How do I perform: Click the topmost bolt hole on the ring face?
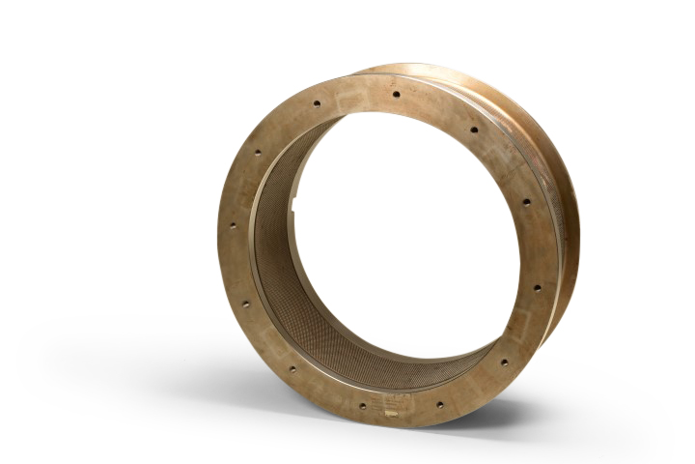[x=395, y=94]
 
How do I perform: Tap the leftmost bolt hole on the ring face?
[x=233, y=225]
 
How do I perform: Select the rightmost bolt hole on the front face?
[x=538, y=287]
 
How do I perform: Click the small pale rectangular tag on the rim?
[x=391, y=414]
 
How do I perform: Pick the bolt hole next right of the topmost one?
[x=473, y=129]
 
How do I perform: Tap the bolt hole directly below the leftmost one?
[x=245, y=304]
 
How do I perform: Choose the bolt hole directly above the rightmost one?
[x=526, y=202]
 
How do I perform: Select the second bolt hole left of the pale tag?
[x=292, y=367]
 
